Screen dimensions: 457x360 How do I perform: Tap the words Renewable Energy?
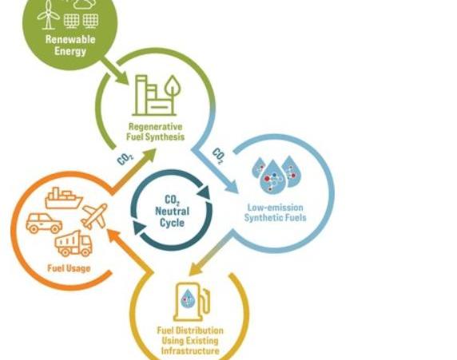point(70,45)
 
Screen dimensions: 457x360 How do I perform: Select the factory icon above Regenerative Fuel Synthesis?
point(157,96)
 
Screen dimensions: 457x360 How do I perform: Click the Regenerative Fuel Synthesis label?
point(155,132)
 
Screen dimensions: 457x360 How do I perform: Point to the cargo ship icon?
point(64,198)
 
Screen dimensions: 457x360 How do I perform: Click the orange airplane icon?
point(94,216)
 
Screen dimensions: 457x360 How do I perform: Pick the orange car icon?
point(44,224)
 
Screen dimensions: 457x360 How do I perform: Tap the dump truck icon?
point(74,244)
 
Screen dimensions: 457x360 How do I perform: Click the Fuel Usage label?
point(69,268)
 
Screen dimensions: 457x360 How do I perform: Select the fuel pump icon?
point(192,302)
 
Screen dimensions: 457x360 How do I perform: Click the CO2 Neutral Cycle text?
point(173,212)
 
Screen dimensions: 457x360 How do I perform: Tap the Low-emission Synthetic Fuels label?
point(275,212)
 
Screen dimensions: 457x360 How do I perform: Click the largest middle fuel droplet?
point(272,177)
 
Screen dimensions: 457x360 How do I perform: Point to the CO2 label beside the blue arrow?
point(218,156)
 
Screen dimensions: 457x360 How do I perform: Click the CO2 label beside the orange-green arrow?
point(125,159)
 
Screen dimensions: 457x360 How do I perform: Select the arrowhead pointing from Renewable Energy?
point(123,78)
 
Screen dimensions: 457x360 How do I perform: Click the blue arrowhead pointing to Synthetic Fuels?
point(232,187)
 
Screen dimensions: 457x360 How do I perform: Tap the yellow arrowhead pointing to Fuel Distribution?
point(196,268)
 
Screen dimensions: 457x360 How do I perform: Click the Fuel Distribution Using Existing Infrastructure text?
point(190,341)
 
